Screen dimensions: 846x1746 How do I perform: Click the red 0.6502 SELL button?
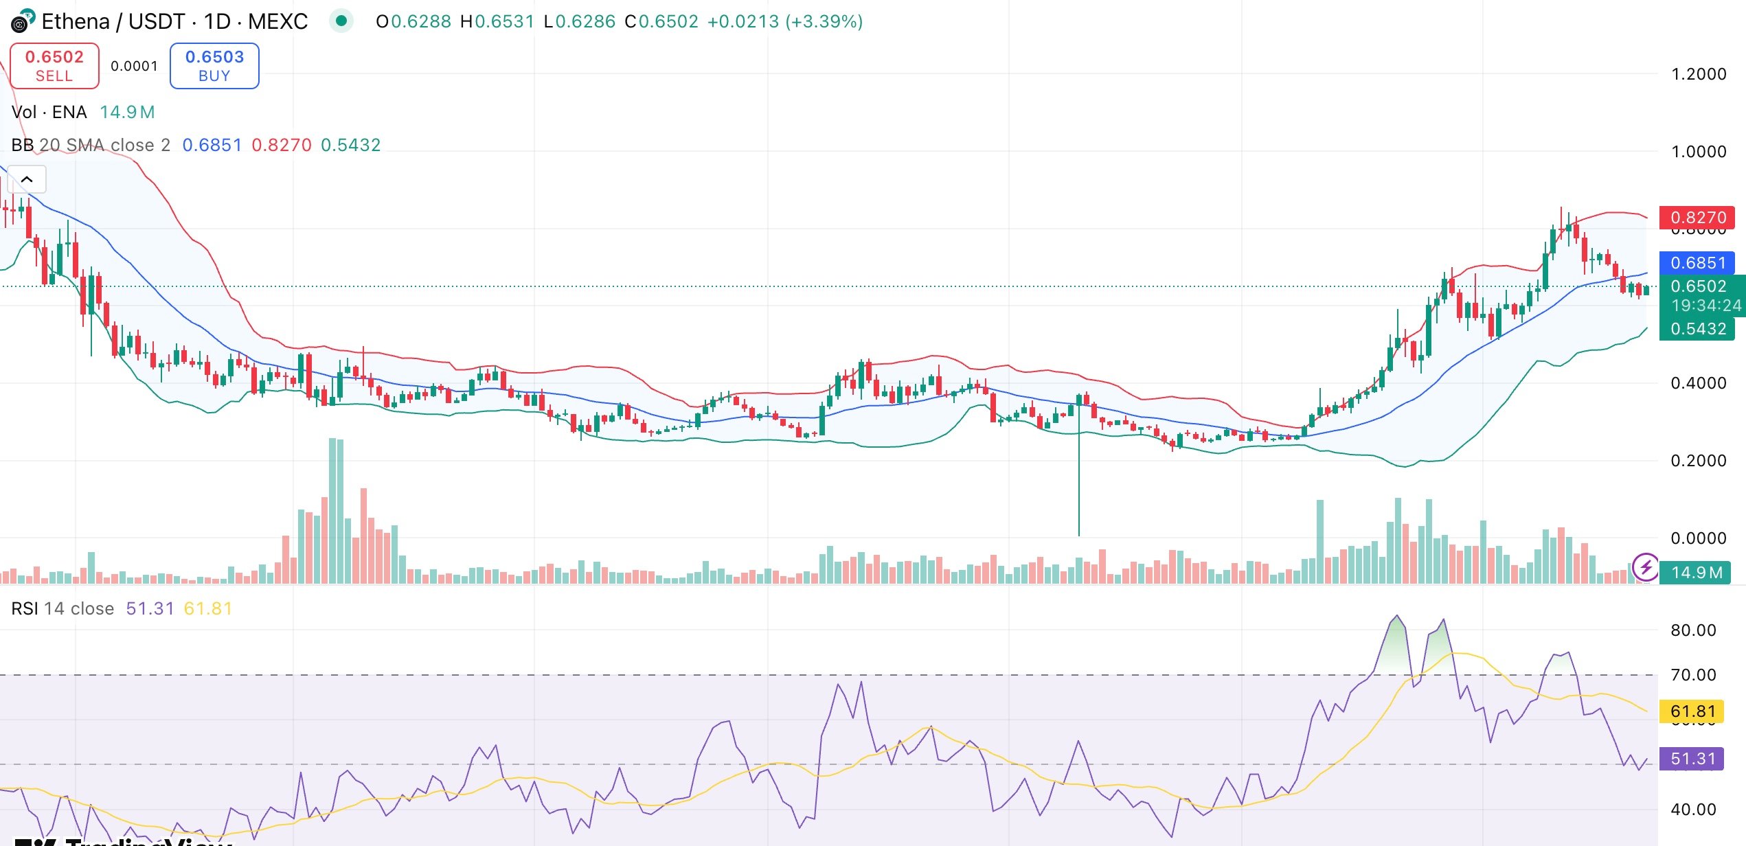tap(54, 66)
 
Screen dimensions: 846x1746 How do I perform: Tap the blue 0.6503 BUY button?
tap(214, 66)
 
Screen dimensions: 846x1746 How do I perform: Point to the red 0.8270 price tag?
tap(1697, 218)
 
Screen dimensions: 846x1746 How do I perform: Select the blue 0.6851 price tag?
tap(1697, 263)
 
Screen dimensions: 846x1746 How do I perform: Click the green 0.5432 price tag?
tap(1697, 329)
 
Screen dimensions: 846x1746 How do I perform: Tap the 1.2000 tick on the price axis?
tap(1698, 74)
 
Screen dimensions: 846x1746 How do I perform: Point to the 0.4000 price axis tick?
tap(1698, 383)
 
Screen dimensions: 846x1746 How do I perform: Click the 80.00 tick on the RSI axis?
tap(1693, 630)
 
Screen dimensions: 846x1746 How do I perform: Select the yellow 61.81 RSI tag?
tap(1692, 711)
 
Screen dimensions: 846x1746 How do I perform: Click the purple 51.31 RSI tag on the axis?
tap(1692, 759)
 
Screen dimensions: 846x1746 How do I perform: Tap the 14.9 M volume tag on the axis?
tap(1697, 573)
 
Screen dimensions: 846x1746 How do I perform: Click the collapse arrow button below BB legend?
tap(27, 180)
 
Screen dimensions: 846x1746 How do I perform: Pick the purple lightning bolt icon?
tap(1645, 567)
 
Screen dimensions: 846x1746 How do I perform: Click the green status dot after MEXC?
tap(341, 21)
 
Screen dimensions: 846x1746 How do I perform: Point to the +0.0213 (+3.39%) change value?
tap(785, 21)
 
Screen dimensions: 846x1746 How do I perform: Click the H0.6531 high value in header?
tap(497, 21)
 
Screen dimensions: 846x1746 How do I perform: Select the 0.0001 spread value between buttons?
tap(134, 66)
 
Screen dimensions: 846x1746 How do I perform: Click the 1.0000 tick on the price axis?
tap(1698, 152)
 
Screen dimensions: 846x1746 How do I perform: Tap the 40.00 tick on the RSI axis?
tap(1693, 810)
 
